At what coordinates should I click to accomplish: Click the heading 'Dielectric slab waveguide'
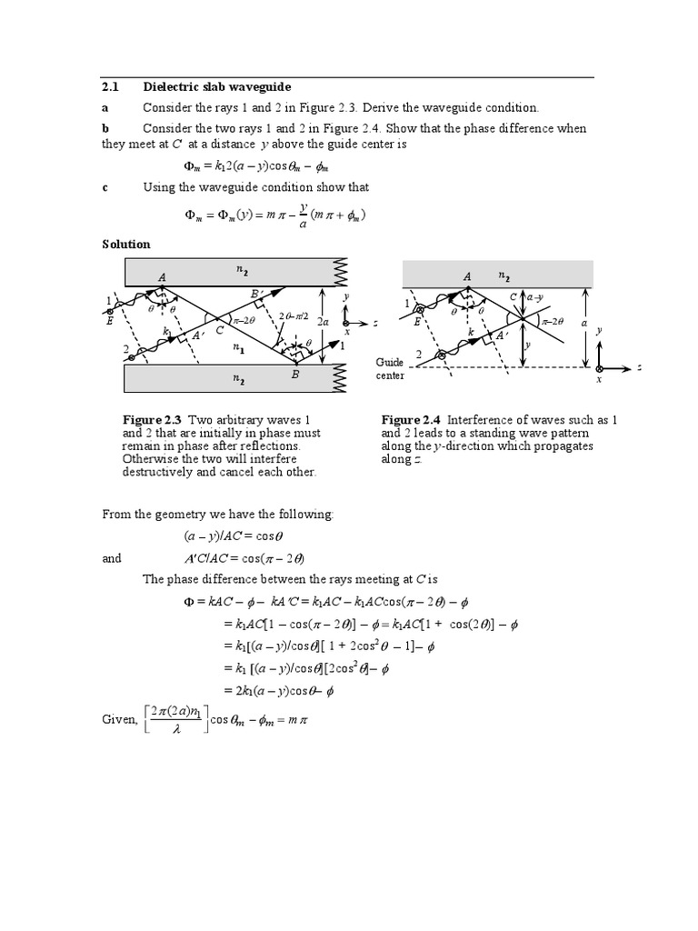(x=216, y=86)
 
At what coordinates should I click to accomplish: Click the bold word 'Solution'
(x=125, y=245)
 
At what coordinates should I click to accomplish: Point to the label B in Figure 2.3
(x=296, y=374)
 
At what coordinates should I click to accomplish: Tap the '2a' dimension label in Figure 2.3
(x=324, y=322)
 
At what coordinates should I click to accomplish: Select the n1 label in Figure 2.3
(x=237, y=346)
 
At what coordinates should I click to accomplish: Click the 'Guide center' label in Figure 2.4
(x=390, y=368)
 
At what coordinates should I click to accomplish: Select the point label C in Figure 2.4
(x=513, y=296)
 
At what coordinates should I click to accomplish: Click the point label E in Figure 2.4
(x=417, y=322)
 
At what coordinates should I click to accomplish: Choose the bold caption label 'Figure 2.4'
(x=411, y=419)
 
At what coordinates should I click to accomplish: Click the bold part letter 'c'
(x=105, y=186)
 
